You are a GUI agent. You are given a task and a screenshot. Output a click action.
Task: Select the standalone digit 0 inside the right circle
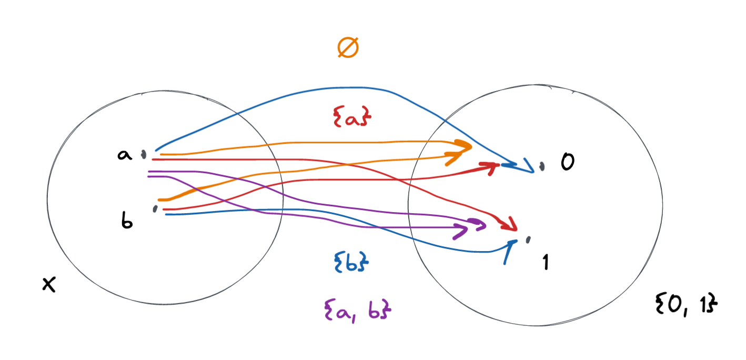pyautogui.click(x=567, y=163)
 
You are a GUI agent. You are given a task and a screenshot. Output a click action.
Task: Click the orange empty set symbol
pyautogui.click(x=348, y=48)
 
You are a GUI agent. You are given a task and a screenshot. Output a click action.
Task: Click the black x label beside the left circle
pyautogui.click(x=49, y=285)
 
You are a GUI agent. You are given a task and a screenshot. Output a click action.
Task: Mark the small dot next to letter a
pyautogui.click(x=143, y=154)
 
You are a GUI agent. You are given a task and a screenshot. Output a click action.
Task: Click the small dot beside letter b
pyautogui.click(x=155, y=209)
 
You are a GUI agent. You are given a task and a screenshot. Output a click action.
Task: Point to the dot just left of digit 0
pyautogui.click(x=542, y=166)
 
